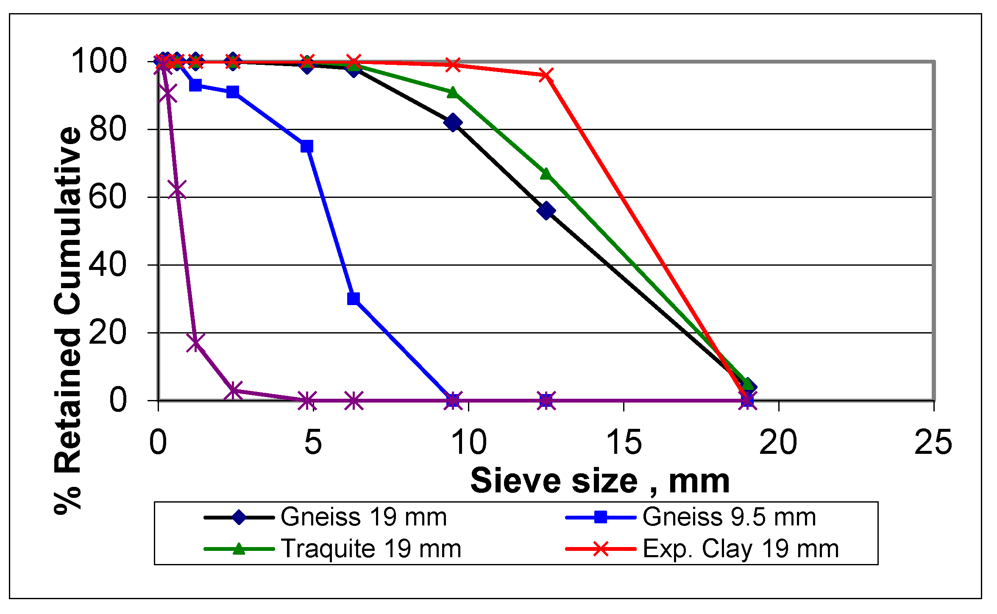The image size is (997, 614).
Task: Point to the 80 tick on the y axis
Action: point(108,129)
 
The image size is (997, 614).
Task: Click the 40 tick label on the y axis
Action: point(108,265)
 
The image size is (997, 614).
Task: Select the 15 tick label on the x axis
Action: point(624,442)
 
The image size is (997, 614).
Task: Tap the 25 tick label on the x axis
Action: point(933,442)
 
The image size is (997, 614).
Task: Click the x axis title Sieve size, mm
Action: point(600,481)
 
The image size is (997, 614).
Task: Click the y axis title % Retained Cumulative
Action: point(68,320)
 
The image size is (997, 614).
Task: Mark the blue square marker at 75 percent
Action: point(306,147)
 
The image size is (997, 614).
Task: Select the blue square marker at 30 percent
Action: point(353,299)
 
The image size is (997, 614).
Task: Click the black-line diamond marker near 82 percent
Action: point(453,122)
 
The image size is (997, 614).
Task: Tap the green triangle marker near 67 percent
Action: point(546,174)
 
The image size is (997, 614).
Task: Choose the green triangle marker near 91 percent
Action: point(453,92)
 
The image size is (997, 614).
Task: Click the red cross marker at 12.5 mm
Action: point(546,75)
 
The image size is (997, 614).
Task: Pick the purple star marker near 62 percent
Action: point(177,189)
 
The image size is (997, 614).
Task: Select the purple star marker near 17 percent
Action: point(195,342)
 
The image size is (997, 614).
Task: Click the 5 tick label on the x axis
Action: point(313,442)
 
